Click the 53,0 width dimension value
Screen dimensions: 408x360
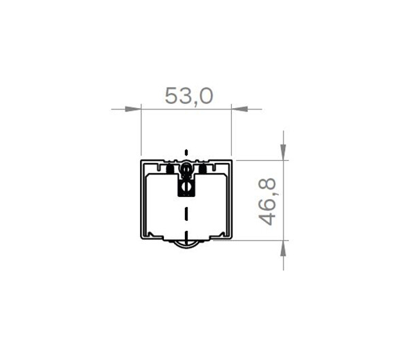pyautogui.click(x=189, y=96)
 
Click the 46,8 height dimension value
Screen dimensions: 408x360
pyautogui.click(x=267, y=201)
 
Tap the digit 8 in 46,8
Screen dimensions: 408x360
pyautogui.click(x=267, y=183)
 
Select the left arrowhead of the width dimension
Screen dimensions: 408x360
pyautogui.click(x=133, y=109)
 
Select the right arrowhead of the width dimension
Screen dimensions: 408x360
pyautogui.click(x=239, y=109)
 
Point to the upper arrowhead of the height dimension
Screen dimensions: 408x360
pyautogui.click(x=283, y=152)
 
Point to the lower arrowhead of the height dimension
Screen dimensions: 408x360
pyautogui.click(x=283, y=248)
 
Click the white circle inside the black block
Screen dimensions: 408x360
pyautogui.click(x=186, y=186)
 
